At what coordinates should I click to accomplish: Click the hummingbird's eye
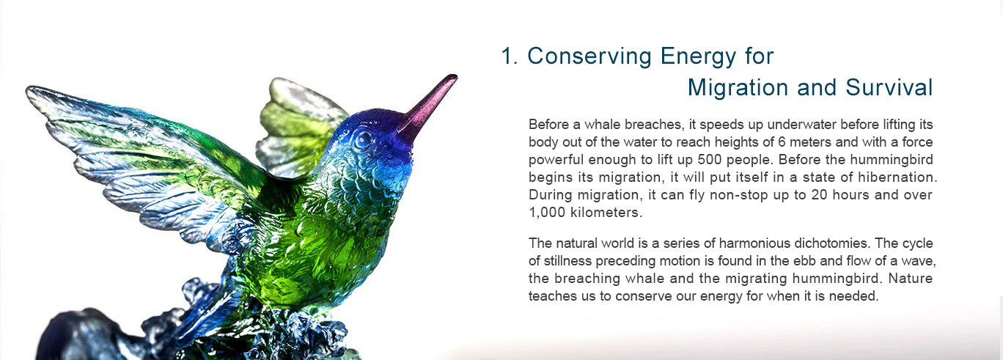pos(364,140)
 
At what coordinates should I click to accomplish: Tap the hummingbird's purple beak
pos(427,106)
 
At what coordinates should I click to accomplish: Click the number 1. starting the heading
pos(509,56)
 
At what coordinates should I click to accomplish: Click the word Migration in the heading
pos(738,88)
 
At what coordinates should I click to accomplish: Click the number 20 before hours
pos(820,195)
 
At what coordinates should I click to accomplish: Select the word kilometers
pos(606,212)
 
